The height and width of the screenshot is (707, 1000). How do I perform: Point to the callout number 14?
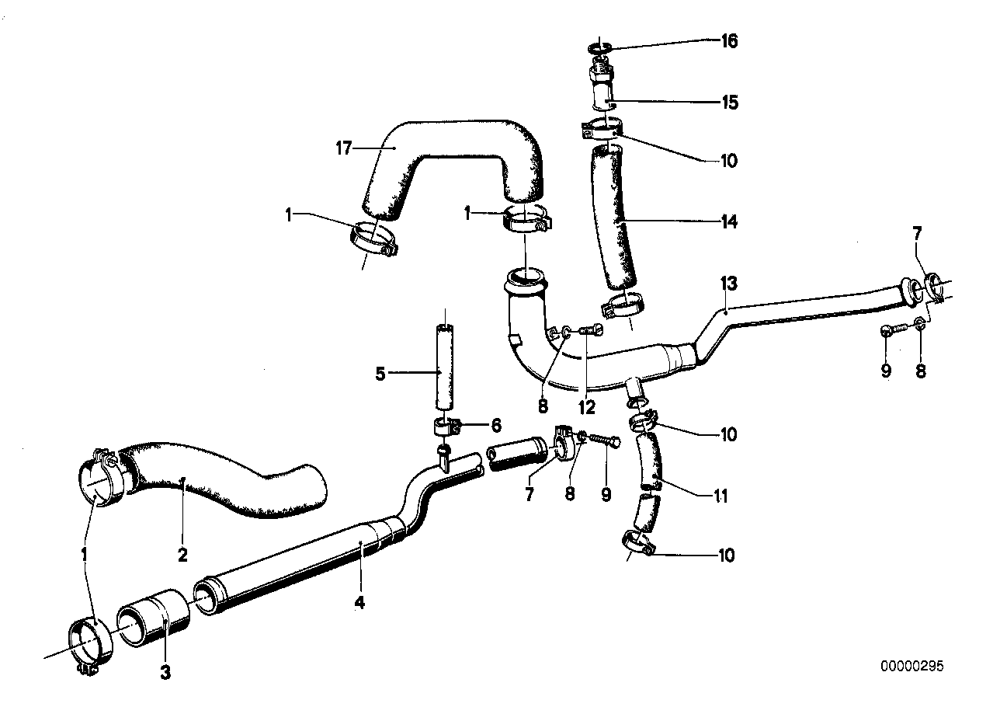tap(728, 222)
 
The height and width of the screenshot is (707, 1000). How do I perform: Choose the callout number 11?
tap(721, 496)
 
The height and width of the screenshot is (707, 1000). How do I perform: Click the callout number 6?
tap(495, 425)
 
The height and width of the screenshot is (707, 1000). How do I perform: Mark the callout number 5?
tap(380, 374)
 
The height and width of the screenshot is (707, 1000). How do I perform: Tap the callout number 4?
tap(359, 601)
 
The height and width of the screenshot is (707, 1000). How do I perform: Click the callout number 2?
tap(182, 555)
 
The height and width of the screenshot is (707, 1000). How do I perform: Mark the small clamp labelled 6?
tap(445, 426)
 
